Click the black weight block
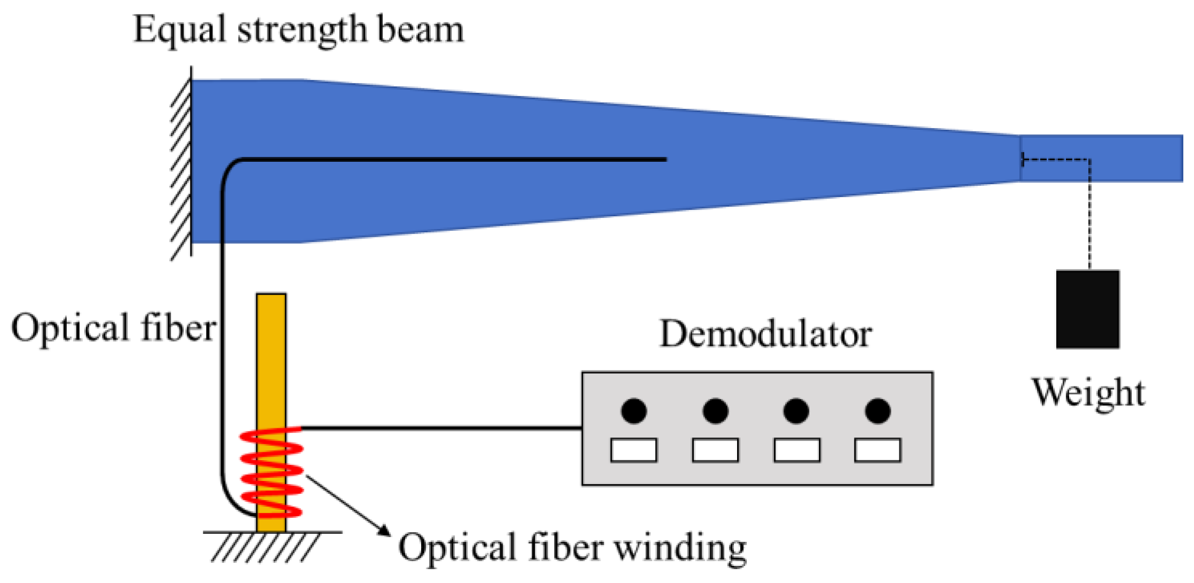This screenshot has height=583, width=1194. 1087,309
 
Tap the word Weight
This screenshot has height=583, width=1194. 1088,393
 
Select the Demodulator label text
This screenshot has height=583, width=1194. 765,335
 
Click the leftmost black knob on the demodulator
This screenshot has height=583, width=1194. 634,411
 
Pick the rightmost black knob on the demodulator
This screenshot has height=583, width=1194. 878,411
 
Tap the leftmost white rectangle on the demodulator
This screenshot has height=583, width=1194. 634,450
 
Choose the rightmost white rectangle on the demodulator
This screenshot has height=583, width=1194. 878,450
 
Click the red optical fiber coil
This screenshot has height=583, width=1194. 271,473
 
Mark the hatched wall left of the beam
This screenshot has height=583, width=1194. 181,166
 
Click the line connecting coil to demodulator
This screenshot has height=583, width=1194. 441,428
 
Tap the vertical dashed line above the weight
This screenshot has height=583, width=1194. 1089,214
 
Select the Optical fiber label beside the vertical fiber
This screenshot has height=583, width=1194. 113,328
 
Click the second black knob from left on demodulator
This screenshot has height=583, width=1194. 715,411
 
